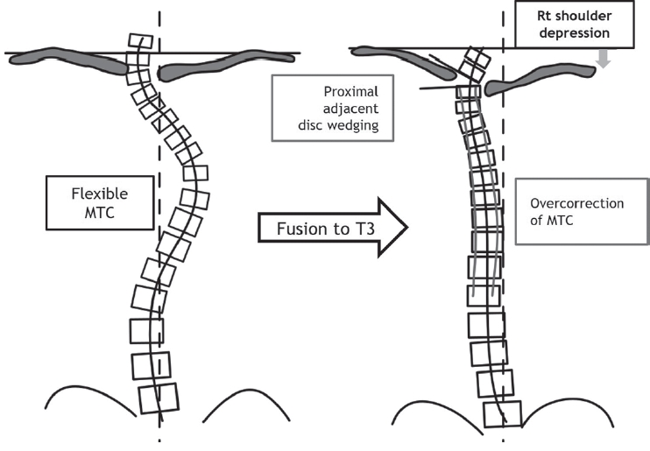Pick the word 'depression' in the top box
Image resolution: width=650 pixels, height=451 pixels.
[576, 34]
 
